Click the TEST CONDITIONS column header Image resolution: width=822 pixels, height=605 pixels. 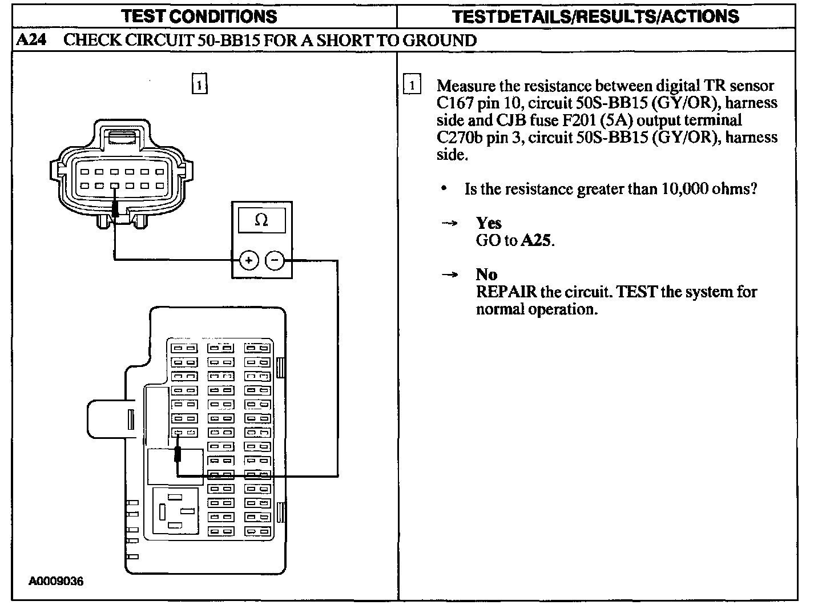click(x=199, y=16)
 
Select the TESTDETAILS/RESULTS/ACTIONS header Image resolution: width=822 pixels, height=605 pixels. click(x=595, y=16)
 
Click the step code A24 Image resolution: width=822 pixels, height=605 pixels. click(x=30, y=41)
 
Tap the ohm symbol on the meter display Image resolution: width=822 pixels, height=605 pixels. click(x=261, y=220)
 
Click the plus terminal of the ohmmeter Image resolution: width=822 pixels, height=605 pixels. click(x=248, y=261)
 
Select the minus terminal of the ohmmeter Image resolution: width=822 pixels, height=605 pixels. click(x=275, y=261)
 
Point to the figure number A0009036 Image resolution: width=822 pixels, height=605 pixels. click(x=57, y=582)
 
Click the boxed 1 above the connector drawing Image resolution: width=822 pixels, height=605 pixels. click(x=199, y=84)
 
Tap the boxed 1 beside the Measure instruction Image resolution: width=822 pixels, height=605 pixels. click(x=412, y=84)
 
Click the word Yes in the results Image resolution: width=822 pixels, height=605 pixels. click(x=489, y=223)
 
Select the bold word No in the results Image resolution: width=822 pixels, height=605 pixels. click(x=486, y=275)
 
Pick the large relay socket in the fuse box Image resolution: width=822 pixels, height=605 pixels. click(x=175, y=511)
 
